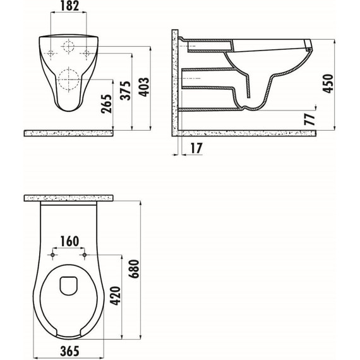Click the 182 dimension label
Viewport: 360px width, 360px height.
click(70, 6)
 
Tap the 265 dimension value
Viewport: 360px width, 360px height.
click(107, 104)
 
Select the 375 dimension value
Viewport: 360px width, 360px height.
click(126, 90)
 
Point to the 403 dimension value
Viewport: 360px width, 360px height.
click(144, 87)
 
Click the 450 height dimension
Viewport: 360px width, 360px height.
click(328, 83)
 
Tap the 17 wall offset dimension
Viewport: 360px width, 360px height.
click(196, 148)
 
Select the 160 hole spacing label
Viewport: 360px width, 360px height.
click(69, 241)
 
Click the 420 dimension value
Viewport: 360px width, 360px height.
click(115, 296)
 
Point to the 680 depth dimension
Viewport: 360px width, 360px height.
click(134, 269)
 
